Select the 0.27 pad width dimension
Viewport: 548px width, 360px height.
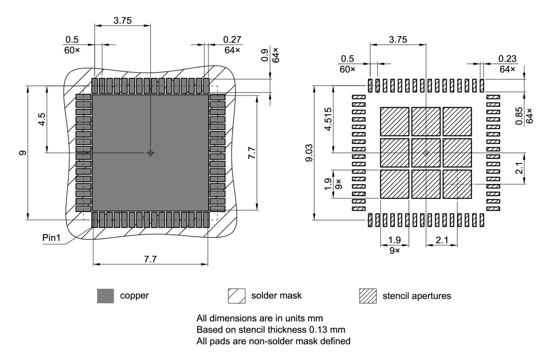232,39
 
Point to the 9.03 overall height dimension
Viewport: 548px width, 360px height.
309,153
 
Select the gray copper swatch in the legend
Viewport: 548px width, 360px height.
105,296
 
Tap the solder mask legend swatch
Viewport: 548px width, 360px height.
237,296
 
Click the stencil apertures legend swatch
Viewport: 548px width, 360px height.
368,296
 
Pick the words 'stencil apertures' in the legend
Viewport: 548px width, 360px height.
417,296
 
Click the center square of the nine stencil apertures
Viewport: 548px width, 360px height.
426,153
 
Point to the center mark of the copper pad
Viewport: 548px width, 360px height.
150,153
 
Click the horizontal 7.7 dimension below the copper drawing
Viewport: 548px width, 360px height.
150,258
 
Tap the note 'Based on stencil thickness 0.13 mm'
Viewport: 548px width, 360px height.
271,330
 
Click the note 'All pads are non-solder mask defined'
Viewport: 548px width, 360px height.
274,341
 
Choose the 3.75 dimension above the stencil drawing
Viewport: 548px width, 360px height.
398,39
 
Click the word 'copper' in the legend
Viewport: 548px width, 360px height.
134,296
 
